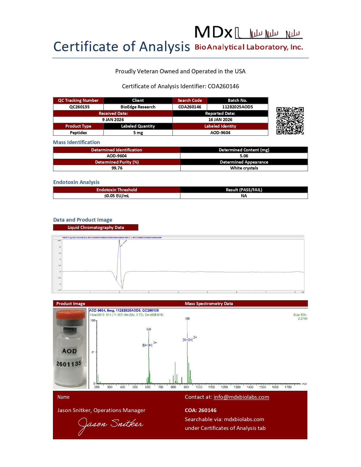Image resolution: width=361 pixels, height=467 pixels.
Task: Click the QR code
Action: coord(290,121)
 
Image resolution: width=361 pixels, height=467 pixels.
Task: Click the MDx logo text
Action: coord(213,32)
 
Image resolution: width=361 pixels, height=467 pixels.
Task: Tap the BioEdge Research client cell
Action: coord(138,107)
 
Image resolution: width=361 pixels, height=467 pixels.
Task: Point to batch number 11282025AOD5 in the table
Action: coord(237,107)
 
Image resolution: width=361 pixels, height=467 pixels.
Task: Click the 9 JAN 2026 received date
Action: coord(113,120)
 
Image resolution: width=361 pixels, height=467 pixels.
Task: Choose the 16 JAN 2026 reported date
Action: coord(220,120)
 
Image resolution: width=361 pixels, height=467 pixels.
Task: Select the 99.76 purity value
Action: coord(117,168)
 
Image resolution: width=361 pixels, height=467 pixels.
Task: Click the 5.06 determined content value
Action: coord(244,156)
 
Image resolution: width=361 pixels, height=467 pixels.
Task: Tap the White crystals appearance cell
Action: coord(244,168)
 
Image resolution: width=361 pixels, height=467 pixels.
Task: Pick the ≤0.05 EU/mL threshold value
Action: coord(117,196)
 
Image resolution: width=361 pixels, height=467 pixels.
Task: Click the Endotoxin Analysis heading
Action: coord(76,182)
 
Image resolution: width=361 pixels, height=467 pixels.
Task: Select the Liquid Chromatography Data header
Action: coord(96,228)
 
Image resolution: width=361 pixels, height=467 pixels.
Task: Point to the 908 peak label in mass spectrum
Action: coord(187,319)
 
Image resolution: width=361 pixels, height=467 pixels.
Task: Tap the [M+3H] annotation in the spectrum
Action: coord(147,345)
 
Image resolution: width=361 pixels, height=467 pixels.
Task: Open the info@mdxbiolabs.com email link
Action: coord(241,397)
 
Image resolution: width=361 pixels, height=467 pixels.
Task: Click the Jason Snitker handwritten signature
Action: coord(110,425)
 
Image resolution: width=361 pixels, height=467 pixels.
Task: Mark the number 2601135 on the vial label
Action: coord(69,364)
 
